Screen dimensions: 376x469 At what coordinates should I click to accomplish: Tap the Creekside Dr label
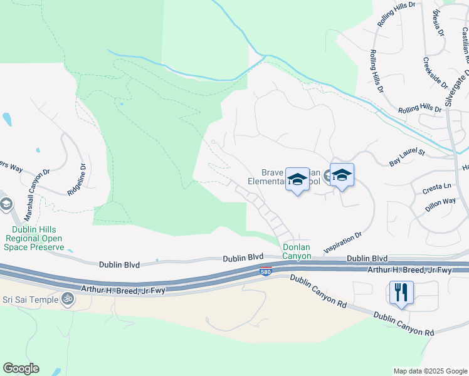click(434, 73)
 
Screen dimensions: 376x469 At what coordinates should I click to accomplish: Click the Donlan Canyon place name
click(297, 251)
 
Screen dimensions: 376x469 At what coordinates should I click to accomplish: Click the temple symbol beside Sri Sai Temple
click(68, 300)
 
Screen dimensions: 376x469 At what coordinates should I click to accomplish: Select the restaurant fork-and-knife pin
click(401, 292)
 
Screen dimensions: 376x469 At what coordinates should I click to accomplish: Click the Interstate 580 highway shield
click(266, 270)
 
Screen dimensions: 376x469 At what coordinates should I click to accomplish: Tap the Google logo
click(21, 368)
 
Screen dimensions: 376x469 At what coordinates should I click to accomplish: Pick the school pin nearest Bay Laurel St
click(342, 176)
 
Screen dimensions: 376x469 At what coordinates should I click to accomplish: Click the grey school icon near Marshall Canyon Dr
click(6, 204)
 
